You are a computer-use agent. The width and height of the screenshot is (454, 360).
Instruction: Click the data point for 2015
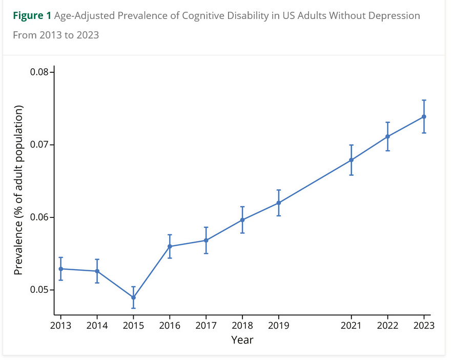133,297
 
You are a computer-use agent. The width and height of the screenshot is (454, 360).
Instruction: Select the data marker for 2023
424,116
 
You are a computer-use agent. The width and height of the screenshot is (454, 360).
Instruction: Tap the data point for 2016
170,246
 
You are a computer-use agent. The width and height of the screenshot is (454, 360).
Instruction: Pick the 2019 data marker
278,203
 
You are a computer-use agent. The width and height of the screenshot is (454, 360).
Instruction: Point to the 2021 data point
351,159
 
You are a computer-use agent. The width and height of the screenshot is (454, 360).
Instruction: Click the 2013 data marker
60,269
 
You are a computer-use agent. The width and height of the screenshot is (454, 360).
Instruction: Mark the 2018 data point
242,220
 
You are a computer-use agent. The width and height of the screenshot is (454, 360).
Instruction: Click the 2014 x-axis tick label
97,326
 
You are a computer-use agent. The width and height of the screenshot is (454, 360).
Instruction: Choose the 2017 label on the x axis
206,326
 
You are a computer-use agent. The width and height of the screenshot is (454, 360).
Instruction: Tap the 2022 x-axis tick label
387,326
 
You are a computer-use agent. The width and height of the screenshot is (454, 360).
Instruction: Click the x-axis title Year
242,339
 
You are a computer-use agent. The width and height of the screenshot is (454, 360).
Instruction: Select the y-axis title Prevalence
18,189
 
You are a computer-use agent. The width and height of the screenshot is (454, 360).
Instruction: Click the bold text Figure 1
32,15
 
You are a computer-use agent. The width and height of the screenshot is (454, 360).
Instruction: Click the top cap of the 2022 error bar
387,123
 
